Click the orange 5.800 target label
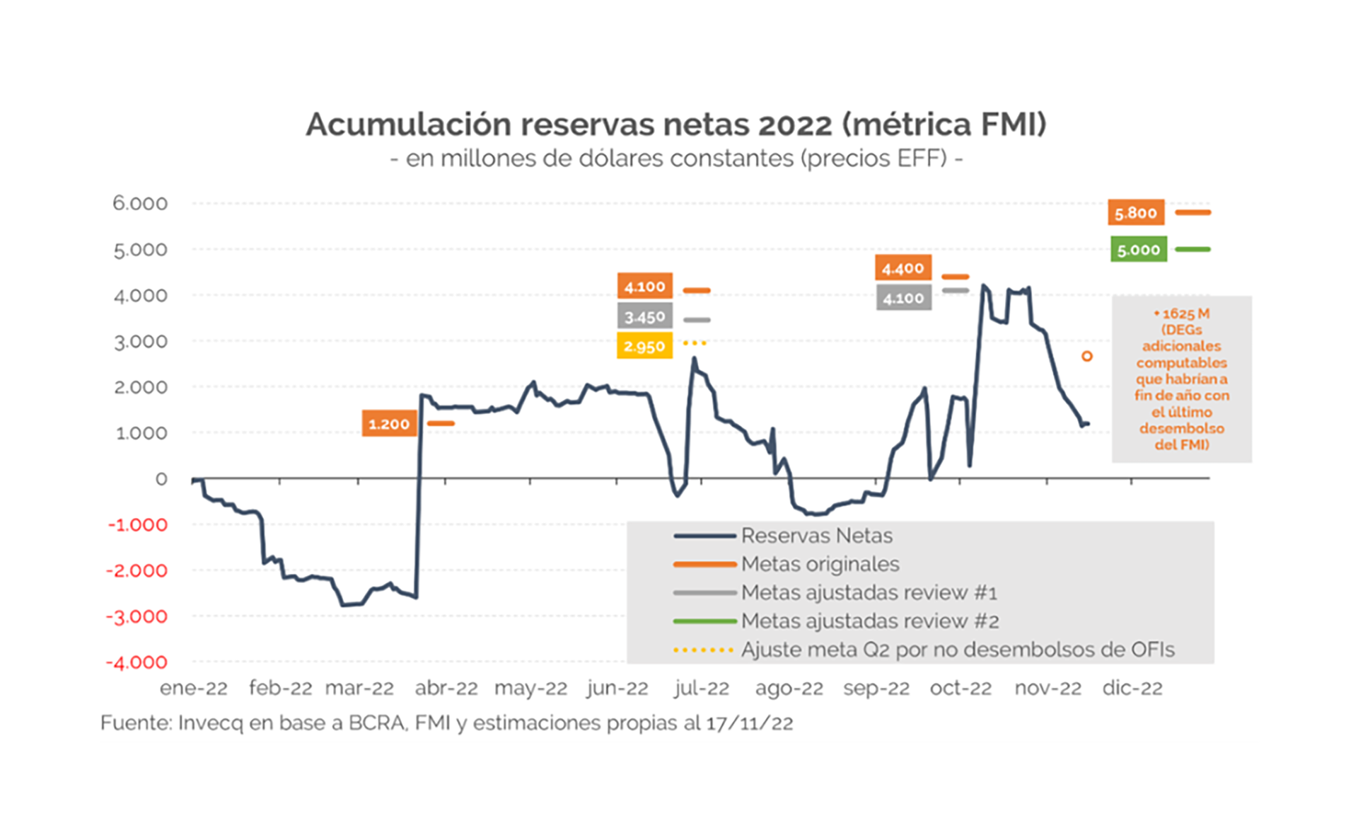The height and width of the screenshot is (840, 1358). point(1135,212)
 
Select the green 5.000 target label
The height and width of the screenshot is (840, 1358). point(1138,250)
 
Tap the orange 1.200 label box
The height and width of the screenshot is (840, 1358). point(389,424)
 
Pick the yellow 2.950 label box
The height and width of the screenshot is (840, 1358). point(644,346)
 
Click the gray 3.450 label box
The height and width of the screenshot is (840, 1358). point(644,316)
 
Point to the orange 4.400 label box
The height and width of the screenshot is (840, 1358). point(903,268)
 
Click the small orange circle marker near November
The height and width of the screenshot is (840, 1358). point(1087,356)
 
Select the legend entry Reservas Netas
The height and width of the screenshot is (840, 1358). point(816,536)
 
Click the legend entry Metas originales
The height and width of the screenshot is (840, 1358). point(820,564)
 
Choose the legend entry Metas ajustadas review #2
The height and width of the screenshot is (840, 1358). point(869,621)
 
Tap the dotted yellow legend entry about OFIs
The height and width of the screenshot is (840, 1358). point(957,650)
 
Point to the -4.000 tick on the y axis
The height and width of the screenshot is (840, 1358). point(137,662)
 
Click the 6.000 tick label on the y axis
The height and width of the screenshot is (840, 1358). point(140,203)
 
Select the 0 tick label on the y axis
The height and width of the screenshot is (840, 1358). point(161,479)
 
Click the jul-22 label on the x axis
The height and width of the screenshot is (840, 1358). point(701,688)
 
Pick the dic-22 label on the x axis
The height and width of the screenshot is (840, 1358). point(1132,688)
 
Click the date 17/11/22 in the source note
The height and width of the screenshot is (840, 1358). point(750,723)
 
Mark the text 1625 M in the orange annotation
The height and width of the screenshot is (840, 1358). point(1185,313)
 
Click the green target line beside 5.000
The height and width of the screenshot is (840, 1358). point(1192,249)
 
